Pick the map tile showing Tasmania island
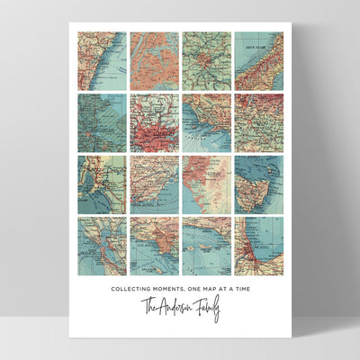(x=258, y=184)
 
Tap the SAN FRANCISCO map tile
(x=101, y=245)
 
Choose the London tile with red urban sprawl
(x=154, y=122)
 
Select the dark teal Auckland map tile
(x=101, y=122)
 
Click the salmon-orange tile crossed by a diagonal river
(x=154, y=61)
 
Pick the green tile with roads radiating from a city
(x=206, y=61)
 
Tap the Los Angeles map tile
(x=154, y=245)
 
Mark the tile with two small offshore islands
(x=206, y=245)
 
